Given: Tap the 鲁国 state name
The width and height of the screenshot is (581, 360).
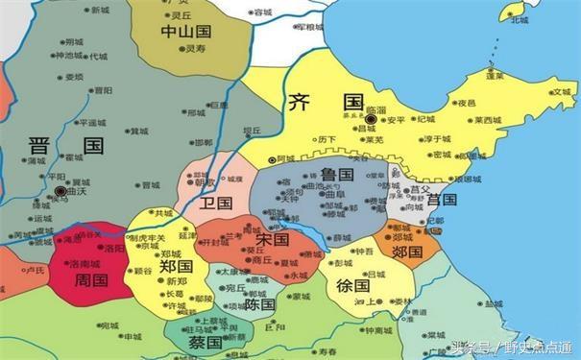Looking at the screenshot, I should coord(339,174).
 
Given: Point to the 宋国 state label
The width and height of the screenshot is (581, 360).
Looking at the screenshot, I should coord(273,238).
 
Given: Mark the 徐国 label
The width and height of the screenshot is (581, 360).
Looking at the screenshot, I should coord(353,285).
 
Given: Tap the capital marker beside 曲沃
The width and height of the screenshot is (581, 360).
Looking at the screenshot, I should coord(61,192).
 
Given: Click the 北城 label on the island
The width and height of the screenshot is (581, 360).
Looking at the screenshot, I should coord(520,19).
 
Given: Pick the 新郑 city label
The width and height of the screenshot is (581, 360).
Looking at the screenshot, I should coord(177,281).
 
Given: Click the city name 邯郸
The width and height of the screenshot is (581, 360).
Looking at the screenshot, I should coord(204,142).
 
